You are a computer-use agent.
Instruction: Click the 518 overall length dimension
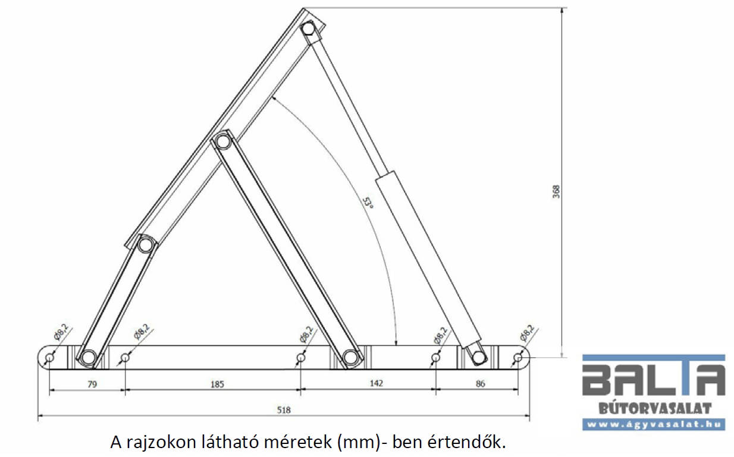click(x=284, y=410)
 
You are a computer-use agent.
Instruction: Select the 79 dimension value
click(x=92, y=384)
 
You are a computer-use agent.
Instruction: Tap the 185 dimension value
click(x=217, y=384)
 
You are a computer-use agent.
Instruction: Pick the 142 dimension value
click(x=376, y=383)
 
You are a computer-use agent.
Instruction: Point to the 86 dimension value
click(x=480, y=384)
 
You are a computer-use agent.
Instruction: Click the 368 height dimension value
click(x=556, y=192)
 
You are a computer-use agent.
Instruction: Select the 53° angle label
click(x=369, y=202)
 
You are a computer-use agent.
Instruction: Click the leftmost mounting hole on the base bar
click(x=49, y=357)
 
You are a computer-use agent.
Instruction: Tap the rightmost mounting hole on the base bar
click(x=517, y=358)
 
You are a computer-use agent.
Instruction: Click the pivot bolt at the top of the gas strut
click(x=308, y=29)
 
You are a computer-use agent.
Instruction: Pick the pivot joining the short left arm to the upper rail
click(x=146, y=245)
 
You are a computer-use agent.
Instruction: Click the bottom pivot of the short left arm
click(x=88, y=357)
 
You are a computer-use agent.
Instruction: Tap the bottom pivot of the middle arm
click(x=350, y=357)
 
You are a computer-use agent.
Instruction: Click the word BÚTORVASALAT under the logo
click(x=655, y=408)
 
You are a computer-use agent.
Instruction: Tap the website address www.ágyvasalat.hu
click(x=653, y=424)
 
